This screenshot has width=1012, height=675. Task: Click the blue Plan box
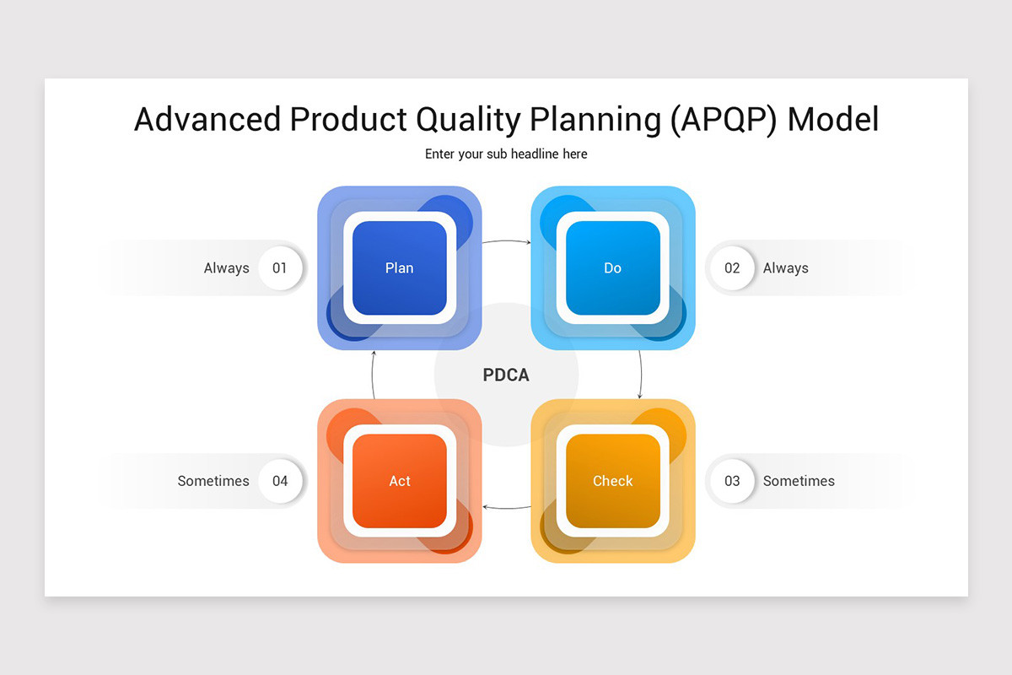399,268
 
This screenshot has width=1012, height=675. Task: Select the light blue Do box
612,268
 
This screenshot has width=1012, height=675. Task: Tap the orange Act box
399,481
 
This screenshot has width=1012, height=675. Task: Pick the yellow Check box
612,481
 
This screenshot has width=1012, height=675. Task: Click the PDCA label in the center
506,375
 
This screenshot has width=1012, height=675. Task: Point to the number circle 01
280,268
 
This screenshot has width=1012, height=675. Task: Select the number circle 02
732,268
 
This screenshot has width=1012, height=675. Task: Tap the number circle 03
732,481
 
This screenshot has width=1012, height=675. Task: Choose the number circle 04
280,481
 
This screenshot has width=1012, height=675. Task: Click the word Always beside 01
226,268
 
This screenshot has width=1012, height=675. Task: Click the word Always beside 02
785,268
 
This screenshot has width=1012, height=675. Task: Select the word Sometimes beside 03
799,481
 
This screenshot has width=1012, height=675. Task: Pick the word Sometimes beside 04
213,481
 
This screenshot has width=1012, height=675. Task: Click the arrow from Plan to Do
506,241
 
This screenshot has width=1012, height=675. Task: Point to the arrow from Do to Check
641,374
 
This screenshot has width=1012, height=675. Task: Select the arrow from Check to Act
506,508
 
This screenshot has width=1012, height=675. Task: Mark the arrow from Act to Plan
373,375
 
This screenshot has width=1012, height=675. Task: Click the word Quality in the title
467,120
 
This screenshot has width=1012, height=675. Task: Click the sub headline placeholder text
506,154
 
